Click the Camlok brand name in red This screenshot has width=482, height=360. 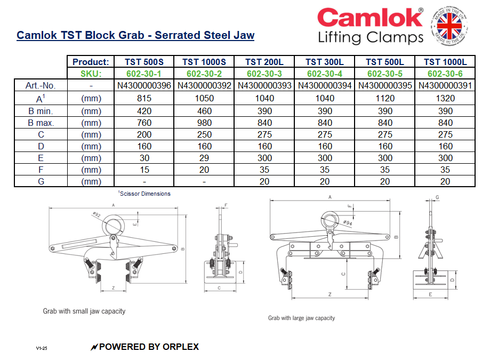369,18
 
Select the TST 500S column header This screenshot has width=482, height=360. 144,62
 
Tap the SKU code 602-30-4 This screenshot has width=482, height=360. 325,74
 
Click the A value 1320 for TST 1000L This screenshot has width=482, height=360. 445,98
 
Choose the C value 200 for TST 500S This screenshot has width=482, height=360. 144,134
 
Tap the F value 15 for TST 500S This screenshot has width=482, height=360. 144,170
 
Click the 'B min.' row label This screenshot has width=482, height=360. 41,111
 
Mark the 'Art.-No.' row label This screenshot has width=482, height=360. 41,85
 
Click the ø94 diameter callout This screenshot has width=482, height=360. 347,222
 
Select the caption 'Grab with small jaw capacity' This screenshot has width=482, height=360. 84,310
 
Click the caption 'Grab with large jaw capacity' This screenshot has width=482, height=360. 301,318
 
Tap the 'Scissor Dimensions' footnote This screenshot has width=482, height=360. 144,194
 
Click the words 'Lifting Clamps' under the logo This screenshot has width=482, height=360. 370,38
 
